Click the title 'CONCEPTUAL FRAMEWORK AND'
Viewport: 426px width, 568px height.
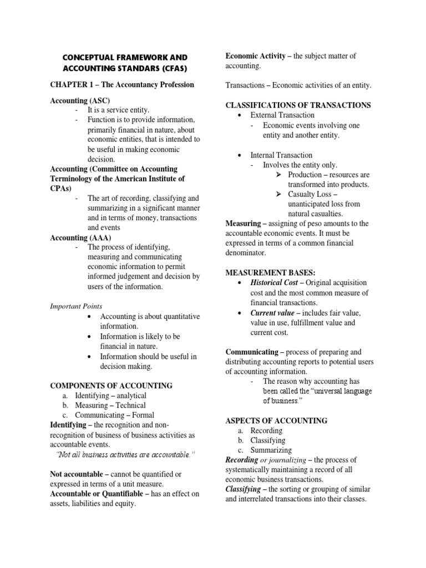pos(124,58)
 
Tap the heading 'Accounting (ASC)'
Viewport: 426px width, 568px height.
pos(80,100)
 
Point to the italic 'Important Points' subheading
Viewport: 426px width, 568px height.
pos(76,306)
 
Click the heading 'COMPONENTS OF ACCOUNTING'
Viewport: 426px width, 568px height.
pos(111,386)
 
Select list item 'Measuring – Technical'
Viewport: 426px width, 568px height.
pos(111,405)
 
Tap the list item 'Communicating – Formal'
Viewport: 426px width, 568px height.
pos(114,415)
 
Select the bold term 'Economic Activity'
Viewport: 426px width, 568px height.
pos(255,55)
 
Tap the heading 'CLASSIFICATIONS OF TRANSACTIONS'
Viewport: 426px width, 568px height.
pos(298,105)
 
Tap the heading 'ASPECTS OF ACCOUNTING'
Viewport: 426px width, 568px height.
pos(276,420)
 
